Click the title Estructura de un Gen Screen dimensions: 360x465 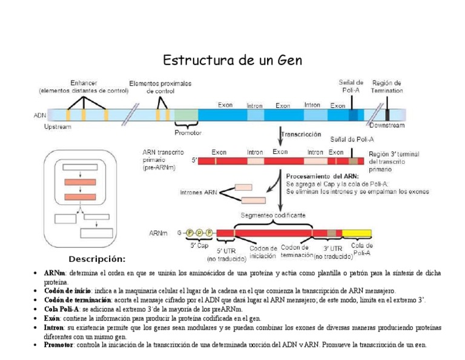[232, 61]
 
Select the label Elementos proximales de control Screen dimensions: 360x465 [160, 87]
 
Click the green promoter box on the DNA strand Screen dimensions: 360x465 [186, 115]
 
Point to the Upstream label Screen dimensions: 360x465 [58, 127]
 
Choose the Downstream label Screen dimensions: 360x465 [387, 125]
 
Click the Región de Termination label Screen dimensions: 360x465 [387, 87]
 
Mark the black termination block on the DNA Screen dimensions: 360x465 [387, 114]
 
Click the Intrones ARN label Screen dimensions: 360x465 [198, 193]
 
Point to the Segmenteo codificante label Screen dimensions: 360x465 [273, 215]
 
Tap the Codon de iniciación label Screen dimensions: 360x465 [263, 252]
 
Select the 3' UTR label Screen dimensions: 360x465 [332, 248]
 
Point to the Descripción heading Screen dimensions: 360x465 [97, 259]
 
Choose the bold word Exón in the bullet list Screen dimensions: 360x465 [52, 318]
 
